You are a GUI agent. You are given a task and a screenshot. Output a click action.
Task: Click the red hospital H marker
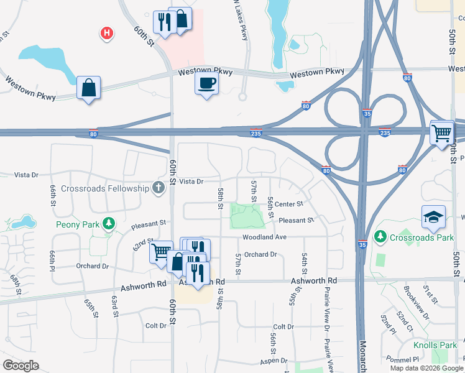tap(108, 33)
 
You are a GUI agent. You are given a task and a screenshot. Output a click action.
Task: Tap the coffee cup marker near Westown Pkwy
tap(206, 83)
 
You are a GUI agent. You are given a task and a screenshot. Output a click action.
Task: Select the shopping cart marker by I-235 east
tap(441, 132)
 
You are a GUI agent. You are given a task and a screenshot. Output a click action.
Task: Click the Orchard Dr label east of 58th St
tap(260, 254)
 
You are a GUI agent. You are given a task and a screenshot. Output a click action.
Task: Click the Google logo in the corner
tap(21, 366)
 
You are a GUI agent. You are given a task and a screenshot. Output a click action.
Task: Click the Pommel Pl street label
tap(402, 359)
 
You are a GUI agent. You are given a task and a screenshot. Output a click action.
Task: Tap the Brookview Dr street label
tap(417, 307)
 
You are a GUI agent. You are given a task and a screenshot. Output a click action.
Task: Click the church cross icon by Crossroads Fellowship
tap(159, 186)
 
